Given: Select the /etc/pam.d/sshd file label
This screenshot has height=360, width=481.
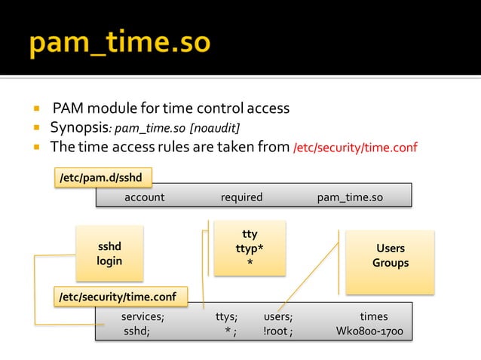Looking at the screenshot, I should tap(103, 177).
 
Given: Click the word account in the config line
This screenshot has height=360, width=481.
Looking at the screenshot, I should tap(144, 197).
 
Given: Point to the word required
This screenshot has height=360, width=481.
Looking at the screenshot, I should tap(241, 197).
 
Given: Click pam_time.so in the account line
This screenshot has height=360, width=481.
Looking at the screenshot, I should tap(350, 197).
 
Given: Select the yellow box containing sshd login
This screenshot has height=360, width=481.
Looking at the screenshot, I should tap(109, 253).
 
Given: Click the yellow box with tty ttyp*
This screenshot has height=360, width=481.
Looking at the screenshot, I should tap(250, 248).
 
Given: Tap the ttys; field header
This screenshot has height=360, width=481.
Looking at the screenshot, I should tap(226, 317).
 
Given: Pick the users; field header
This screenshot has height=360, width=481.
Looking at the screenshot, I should tap(278, 317).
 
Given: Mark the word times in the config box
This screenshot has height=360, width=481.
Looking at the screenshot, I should tap(373, 317).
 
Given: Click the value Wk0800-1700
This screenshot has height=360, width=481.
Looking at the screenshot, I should tap(369, 331).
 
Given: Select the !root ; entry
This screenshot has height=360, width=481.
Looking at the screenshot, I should tap(278, 331).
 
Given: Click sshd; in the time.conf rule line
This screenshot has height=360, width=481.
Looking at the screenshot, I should tap(136, 331).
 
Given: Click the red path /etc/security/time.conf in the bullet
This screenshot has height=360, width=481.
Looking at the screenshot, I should tap(354, 147).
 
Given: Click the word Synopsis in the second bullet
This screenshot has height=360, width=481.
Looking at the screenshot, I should tap(79, 127).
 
